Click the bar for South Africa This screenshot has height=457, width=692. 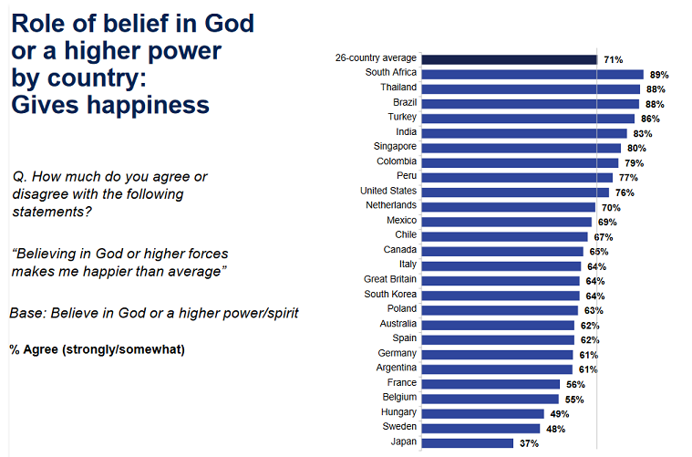(532, 74)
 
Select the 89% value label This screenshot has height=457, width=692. (657, 75)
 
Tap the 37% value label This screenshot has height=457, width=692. (529, 443)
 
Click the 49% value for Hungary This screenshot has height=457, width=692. (559, 413)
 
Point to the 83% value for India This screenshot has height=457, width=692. (642, 133)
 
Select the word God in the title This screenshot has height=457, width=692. (229, 23)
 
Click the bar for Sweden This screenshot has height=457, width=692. (482, 428)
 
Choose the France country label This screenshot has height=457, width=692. (401, 383)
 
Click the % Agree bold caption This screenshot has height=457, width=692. (97, 348)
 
